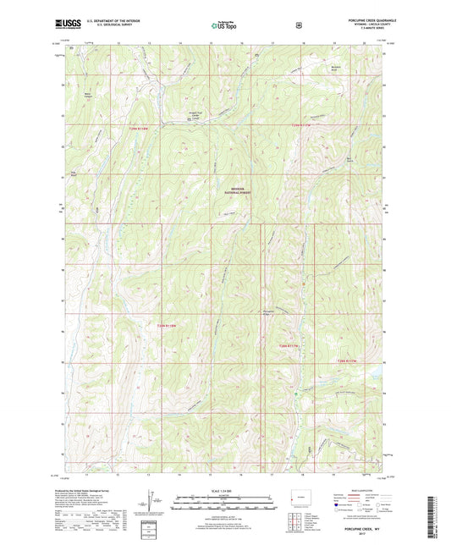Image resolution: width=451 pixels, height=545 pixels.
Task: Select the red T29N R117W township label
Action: click(302, 125)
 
